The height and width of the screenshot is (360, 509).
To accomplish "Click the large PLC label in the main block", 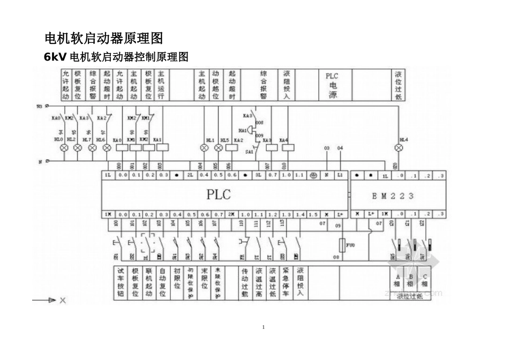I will pyautogui.click(x=219, y=194).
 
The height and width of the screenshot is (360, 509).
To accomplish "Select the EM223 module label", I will pyautogui.click(x=393, y=196).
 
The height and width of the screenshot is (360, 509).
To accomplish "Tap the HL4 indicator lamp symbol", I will pyautogui.click(x=398, y=146).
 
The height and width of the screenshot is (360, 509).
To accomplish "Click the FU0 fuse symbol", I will pyautogui.click(x=343, y=246).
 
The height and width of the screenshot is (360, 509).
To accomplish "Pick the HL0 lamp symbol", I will pyautogui.click(x=64, y=147).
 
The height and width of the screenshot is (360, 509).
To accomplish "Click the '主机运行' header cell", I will pyautogui.click(x=161, y=85).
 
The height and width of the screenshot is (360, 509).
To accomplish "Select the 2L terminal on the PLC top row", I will pyautogui.click(x=190, y=175).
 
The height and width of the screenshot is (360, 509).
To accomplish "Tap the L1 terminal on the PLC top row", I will pyautogui.click(x=340, y=175).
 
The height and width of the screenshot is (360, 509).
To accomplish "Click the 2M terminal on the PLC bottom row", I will pyautogui.click(x=231, y=214).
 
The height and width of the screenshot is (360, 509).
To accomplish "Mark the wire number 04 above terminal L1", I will pyautogui.click(x=340, y=148).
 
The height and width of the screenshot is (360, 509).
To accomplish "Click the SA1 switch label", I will pyautogui.click(x=249, y=152).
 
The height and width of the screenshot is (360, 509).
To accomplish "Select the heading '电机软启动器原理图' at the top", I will pyautogui.click(x=103, y=39).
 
